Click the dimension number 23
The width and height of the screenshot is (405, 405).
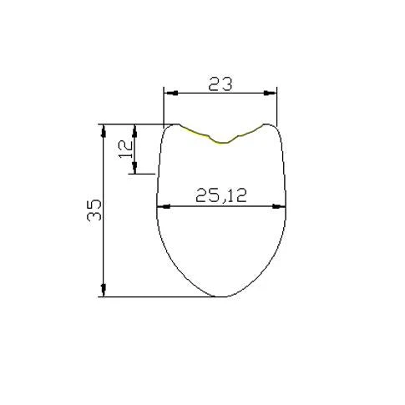click(220, 84)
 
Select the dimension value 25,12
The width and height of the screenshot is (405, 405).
click(221, 195)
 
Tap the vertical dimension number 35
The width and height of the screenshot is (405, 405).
click(94, 210)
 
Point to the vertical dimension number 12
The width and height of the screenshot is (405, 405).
click(126, 149)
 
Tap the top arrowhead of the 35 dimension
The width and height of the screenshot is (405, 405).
click(104, 130)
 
